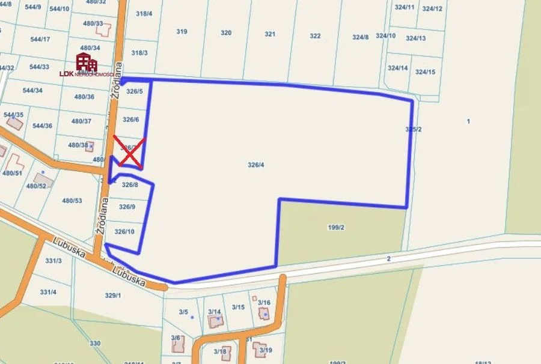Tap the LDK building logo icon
[x=87, y=62]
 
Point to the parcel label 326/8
[x=130, y=185]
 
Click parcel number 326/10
[x=124, y=232]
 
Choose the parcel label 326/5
[x=135, y=91]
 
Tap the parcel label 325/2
[x=414, y=129]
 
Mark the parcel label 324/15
[x=425, y=72]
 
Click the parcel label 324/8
[x=360, y=37]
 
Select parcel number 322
[x=315, y=36]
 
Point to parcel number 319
[x=182, y=32]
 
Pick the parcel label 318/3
[x=139, y=53]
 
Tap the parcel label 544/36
[x=42, y=126]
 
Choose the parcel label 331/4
[x=48, y=292]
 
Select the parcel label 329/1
[x=113, y=296]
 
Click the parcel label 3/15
[x=239, y=308]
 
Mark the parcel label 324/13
[x=415, y=38]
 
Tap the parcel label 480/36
[x=84, y=97]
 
